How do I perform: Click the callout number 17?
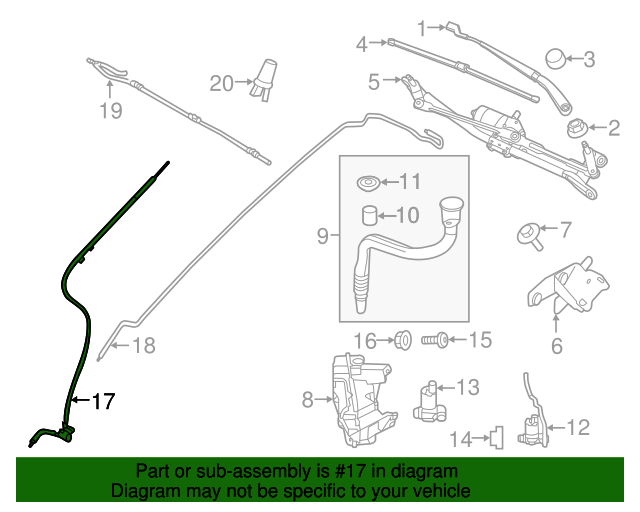pyautogui.click(x=103, y=402)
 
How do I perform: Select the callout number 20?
pyautogui.click(x=221, y=84)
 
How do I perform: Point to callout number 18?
pyautogui.click(x=144, y=346)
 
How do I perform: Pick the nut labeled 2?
pyautogui.click(x=577, y=128)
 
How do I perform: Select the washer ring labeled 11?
pyautogui.click(x=367, y=183)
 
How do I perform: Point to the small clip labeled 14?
pyautogui.click(x=495, y=436)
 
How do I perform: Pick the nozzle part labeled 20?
pyautogui.click(x=265, y=79)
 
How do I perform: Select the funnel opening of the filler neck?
pyautogui.click(x=452, y=212)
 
